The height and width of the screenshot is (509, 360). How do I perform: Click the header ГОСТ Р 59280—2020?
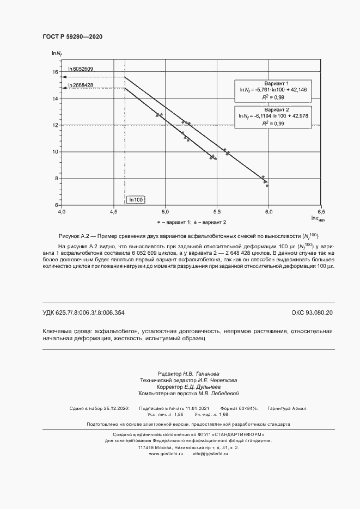72,36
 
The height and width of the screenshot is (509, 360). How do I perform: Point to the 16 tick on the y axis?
54,72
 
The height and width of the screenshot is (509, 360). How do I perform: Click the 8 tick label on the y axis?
56,178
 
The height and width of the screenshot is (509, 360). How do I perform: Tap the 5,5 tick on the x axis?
217,211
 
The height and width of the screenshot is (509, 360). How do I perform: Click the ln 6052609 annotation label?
80,69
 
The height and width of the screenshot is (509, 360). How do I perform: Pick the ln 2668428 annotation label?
80,85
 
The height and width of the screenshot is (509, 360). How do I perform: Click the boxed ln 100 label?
136,200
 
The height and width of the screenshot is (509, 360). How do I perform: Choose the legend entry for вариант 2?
209,222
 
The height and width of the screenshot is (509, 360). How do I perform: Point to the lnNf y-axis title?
57,53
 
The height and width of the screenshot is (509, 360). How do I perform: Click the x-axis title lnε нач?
318,219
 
